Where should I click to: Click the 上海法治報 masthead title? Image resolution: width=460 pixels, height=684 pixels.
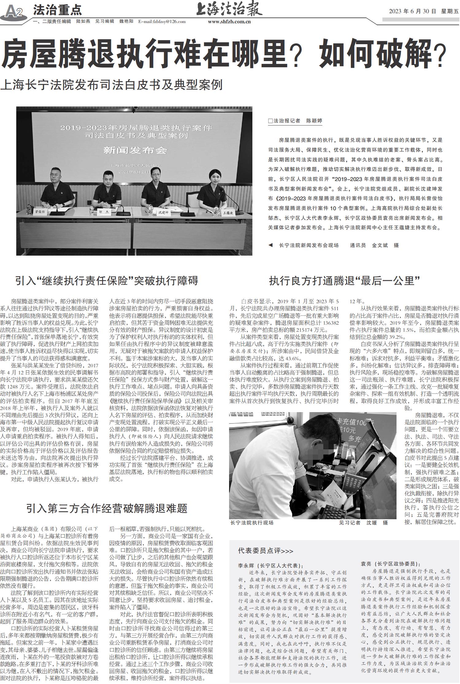(229, 9)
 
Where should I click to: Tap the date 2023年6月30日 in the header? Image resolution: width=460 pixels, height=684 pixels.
(412, 11)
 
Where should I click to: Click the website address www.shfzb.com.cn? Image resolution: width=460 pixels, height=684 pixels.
(229, 21)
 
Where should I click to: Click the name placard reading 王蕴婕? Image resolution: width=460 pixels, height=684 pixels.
(228, 213)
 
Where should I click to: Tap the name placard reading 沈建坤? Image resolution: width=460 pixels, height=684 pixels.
(163, 212)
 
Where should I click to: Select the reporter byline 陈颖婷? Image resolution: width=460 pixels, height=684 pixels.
(314, 121)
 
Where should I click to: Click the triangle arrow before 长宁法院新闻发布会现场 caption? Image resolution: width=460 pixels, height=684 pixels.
(270, 245)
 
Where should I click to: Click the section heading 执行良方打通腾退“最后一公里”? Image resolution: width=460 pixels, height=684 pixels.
(344, 280)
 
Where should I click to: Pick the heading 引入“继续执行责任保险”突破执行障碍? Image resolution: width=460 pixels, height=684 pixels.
(107, 280)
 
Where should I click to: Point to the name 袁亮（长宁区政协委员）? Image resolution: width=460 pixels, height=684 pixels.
(391, 564)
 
